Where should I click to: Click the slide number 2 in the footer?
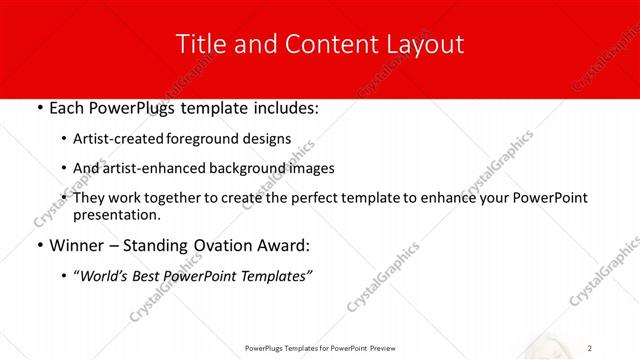591,348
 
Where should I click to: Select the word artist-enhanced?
148,169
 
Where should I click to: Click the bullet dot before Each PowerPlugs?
38,106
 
